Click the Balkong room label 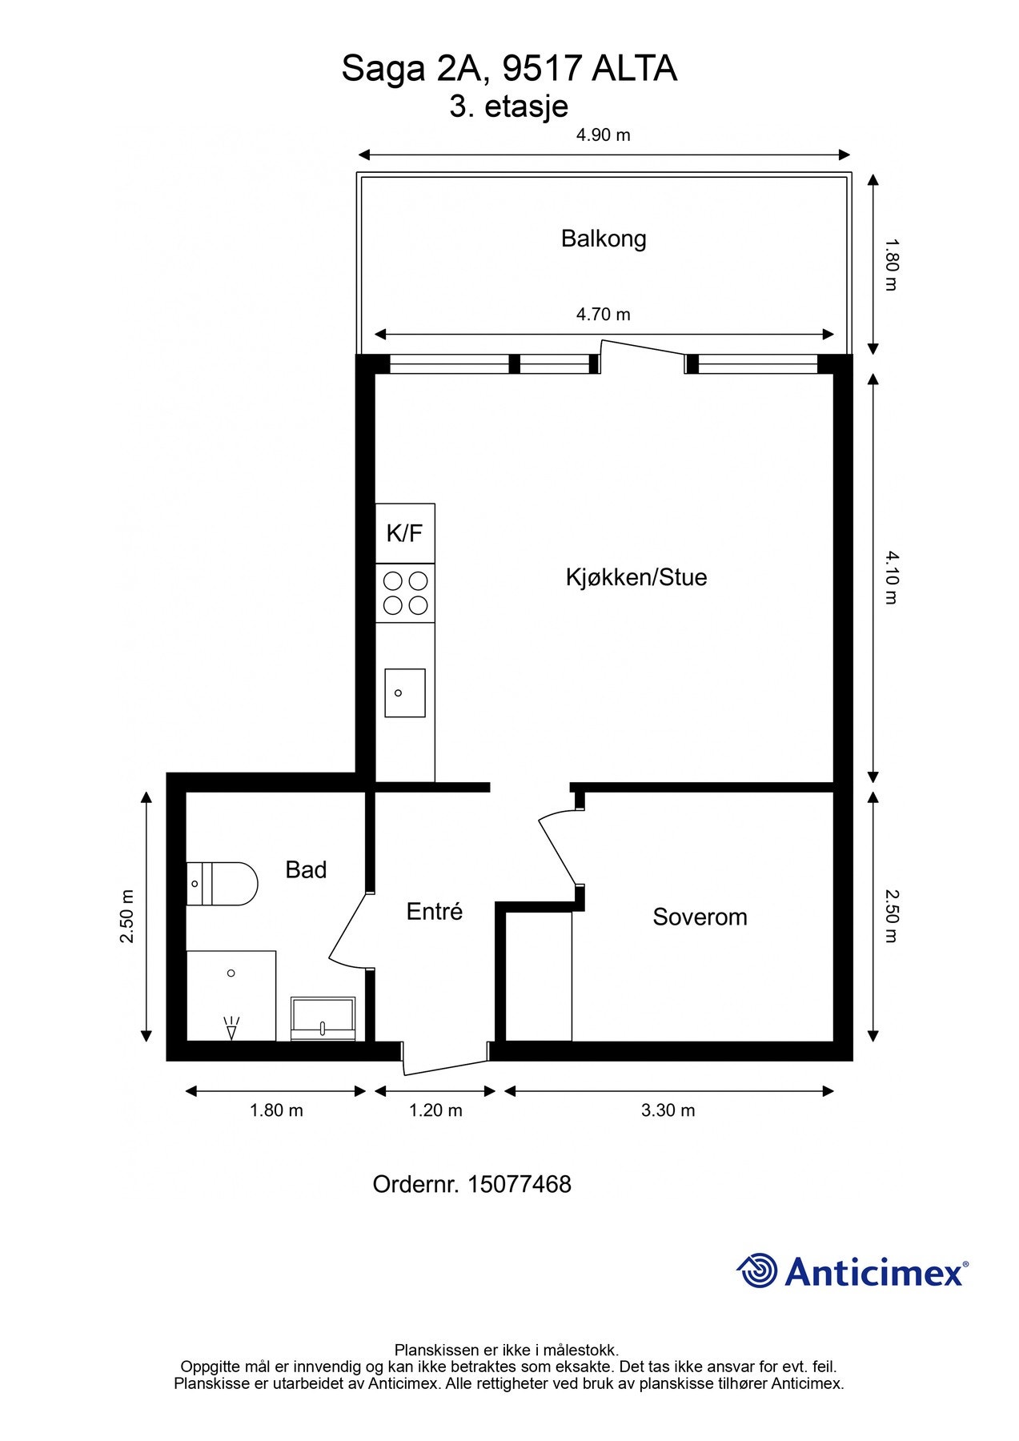[604, 239]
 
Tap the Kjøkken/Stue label [636, 577]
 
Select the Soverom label [700, 917]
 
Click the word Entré [435, 911]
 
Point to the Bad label [306, 869]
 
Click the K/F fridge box [405, 533]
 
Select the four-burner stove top [405, 593]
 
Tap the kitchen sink [405, 692]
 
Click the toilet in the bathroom [222, 884]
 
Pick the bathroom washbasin [323, 1018]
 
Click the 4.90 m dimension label [604, 134]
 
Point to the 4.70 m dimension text [604, 314]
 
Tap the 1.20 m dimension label [435, 1110]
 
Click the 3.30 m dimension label [668, 1110]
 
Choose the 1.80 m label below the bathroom [276, 1110]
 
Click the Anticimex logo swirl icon [757, 1270]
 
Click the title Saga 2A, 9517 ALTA [509, 69]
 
